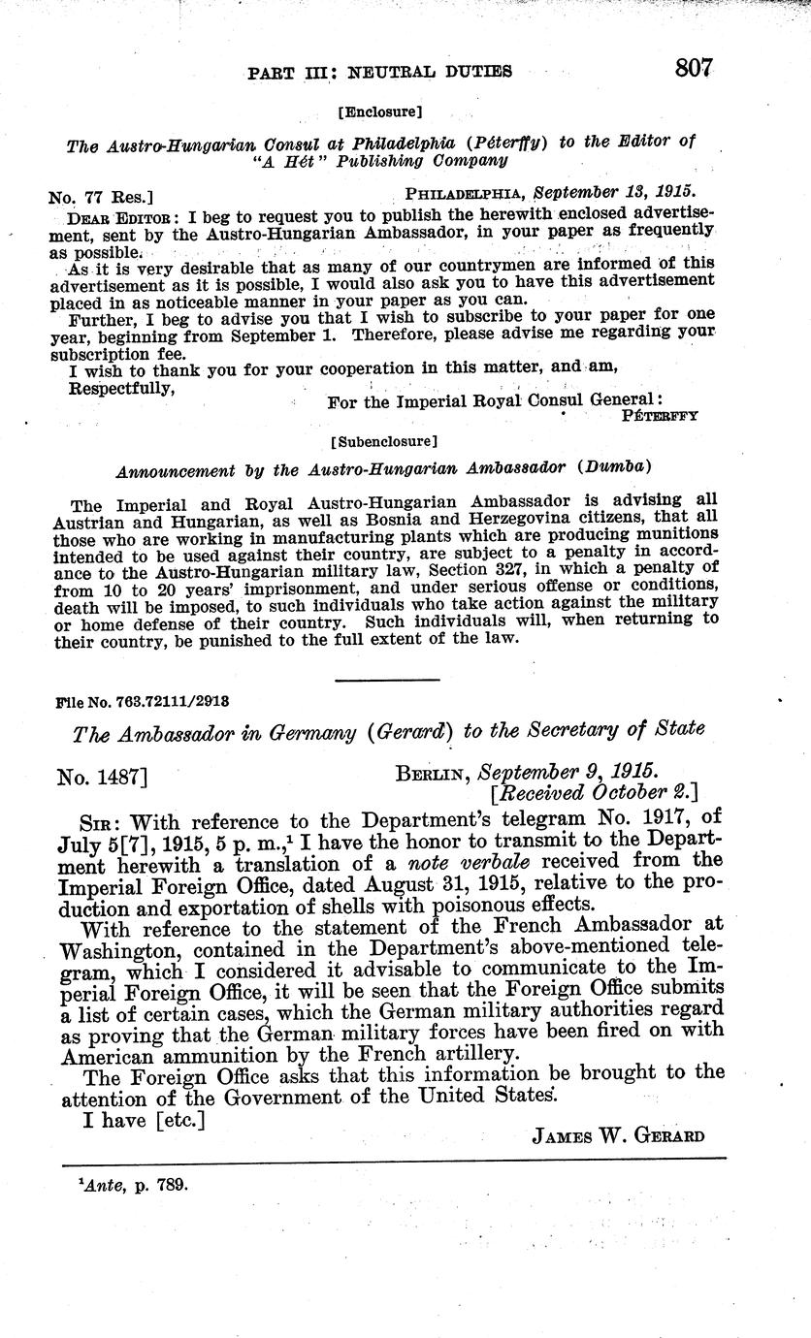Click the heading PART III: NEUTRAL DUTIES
[380, 71]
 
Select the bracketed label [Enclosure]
[380, 111]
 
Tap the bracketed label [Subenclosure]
[383, 441]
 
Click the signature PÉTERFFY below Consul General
[659, 416]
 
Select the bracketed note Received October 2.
[597, 795]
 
